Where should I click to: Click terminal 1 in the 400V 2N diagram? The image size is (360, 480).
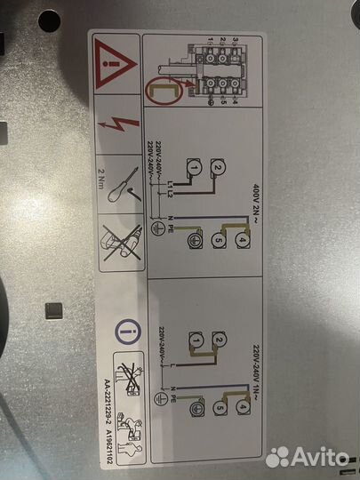point(192,167)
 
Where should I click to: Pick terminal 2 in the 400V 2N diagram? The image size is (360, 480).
point(215,169)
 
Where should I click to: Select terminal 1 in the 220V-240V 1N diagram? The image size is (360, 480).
point(193,338)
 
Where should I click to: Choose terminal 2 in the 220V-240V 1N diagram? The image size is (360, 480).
point(216,338)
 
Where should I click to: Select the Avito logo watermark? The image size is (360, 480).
point(308,456)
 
